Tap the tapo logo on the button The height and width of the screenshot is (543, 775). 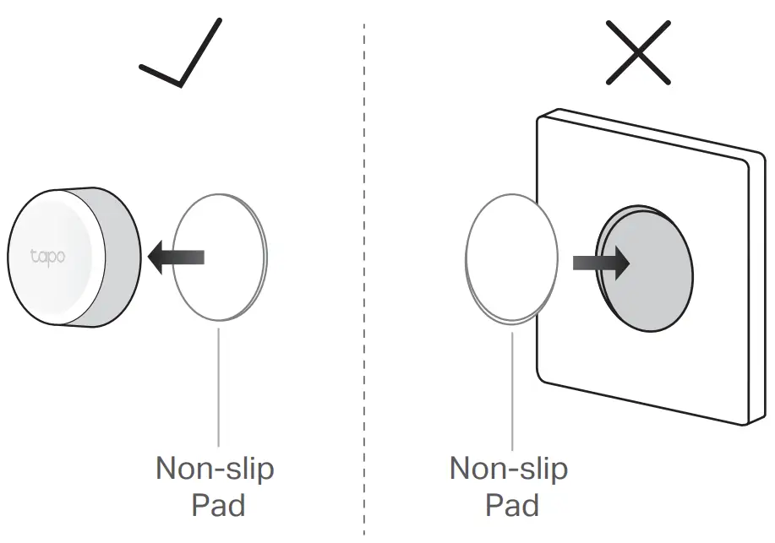(x=48, y=256)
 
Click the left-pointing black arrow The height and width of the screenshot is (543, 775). (x=176, y=257)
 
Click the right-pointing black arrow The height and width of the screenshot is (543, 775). (x=601, y=263)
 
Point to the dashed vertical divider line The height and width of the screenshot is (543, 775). (x=364, y=279)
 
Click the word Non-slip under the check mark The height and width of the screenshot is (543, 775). (x=215, y=469)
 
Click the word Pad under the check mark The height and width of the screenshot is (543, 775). (x=218, y=505)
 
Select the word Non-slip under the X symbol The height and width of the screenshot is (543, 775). (x=508, y=469)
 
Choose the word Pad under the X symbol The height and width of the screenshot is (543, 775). (x=511, y=505)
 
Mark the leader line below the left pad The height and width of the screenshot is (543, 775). (x=219, y=384)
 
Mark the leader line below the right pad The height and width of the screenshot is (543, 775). (x=512, y=388)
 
